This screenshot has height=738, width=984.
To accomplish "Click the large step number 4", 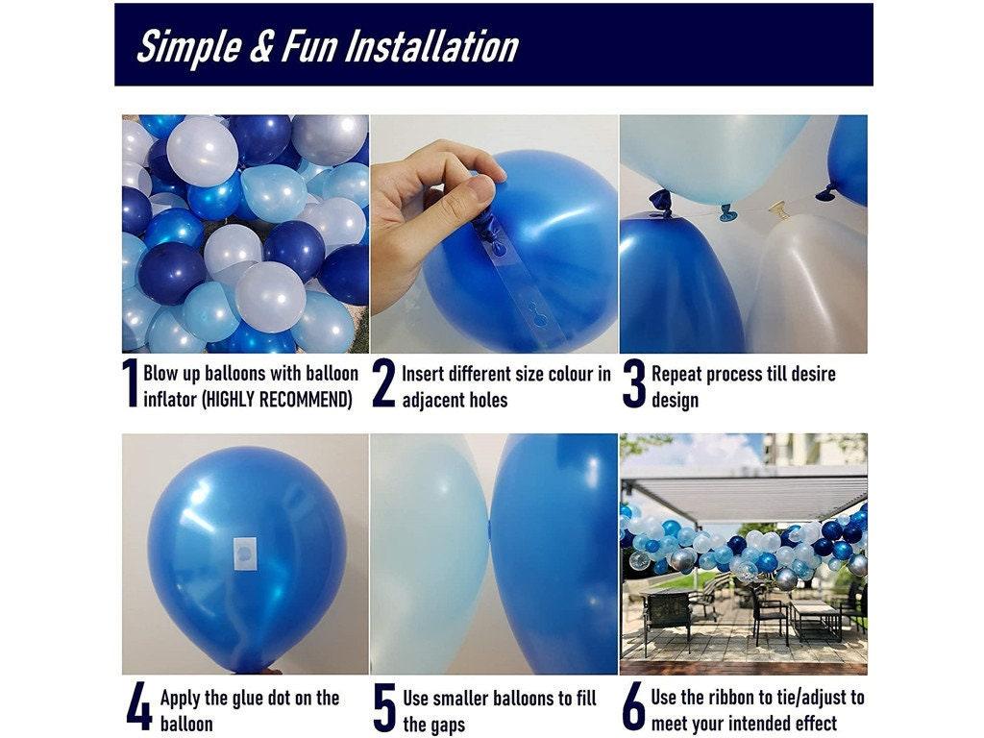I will point(138,708).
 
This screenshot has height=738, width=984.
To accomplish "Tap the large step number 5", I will point(384,708).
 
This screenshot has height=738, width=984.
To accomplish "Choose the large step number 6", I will point(633,708).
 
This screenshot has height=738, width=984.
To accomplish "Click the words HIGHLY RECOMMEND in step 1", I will point(278,399).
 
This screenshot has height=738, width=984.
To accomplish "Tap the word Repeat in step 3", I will point(682,373).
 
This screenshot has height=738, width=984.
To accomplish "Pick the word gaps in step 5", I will point(446,724).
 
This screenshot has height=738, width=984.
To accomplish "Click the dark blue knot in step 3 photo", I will point(660,200).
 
